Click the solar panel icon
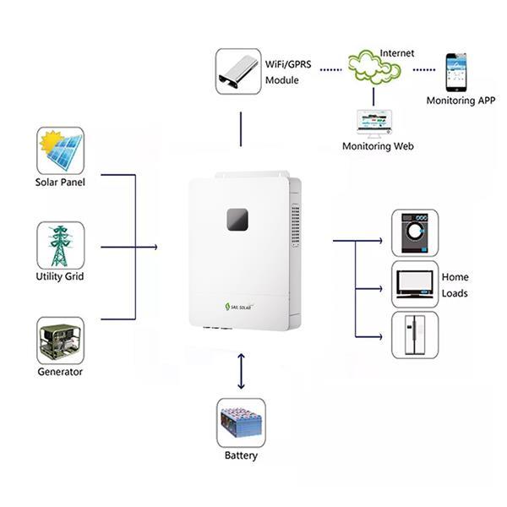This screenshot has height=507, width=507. click(60, 150)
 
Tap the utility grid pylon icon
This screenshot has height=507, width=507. click(60, 245)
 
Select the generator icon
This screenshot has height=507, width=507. click(60, 341)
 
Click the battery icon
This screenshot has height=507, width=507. click(241, 422)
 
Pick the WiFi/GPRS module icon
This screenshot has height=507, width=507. click(239, 72)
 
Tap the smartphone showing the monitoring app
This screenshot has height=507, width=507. click(456, 72)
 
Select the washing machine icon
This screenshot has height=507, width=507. click(414, 232)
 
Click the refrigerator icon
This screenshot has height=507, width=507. click(414, 335)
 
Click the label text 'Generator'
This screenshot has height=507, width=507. click(60, 372)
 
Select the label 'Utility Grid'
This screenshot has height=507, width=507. click(60, 276)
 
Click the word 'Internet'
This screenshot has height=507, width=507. click(397, 52)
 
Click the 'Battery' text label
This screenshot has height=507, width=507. click(241, 456)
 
